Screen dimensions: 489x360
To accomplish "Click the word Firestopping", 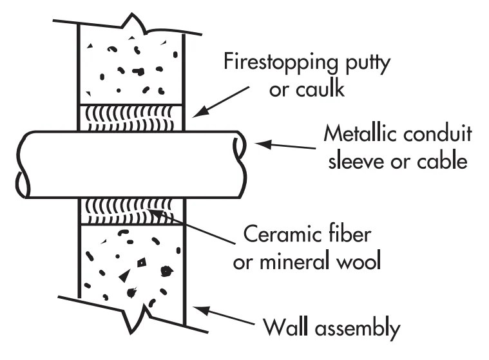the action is point(280,62).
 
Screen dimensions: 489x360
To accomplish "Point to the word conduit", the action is point(437,133).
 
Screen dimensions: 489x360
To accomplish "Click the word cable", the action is point(442,161).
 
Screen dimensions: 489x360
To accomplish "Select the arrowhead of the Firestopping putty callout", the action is point(199,112).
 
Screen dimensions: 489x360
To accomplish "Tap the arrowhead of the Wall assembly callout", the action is point(201,310).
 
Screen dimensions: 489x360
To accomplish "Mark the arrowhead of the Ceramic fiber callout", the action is point(155,213).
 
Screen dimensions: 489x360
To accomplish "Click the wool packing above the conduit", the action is point(131,118).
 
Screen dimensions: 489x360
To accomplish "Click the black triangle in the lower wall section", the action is point(126,276).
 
